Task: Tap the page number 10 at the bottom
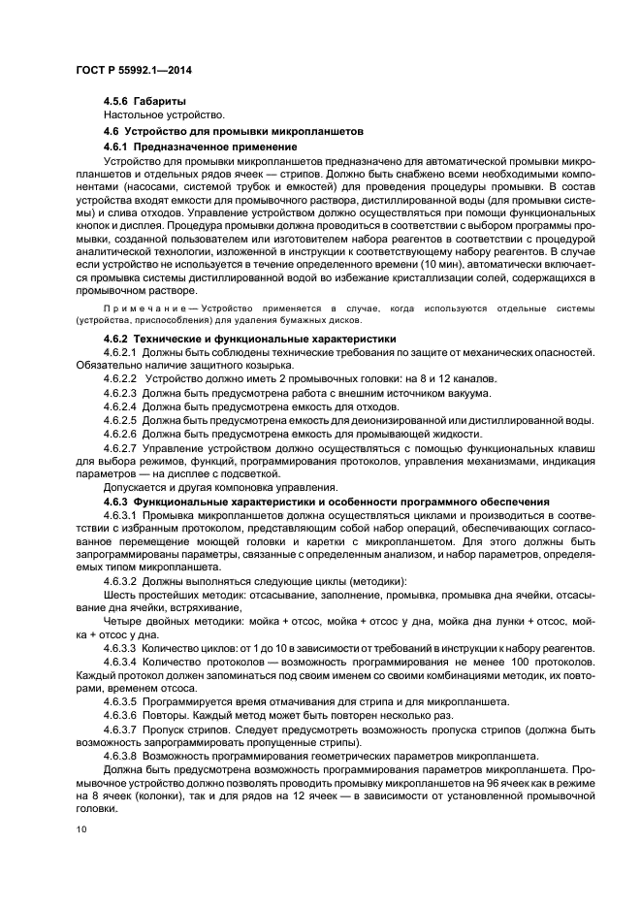(80, 829)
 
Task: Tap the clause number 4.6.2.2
(120, 378)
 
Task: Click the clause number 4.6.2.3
(120, 392)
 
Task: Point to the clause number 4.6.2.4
(120, 406)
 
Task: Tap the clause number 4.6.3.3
(120, 647)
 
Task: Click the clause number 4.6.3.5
(120, 700)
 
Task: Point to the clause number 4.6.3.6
(120, 714)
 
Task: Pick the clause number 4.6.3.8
(120, 755)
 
